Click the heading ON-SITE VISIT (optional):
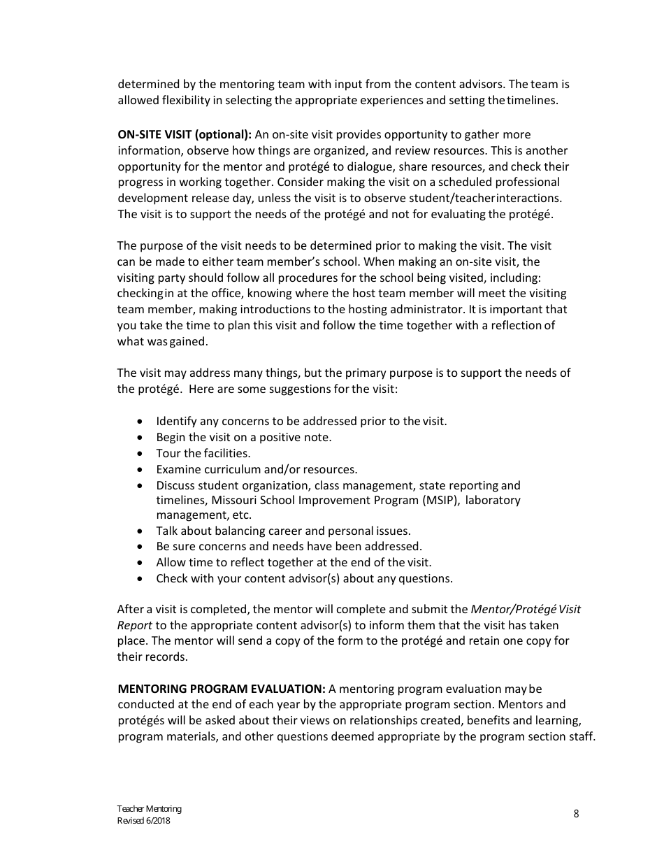pos(185,134)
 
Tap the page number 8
pos(576,813)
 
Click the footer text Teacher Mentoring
pos(149,809)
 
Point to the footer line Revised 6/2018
pos(143,821)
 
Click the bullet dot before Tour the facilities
pos(141,453)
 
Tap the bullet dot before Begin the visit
pos(141,437)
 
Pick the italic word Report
pos(134,625)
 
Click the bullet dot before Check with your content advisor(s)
pos(141,578)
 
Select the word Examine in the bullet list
pos(176,469)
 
